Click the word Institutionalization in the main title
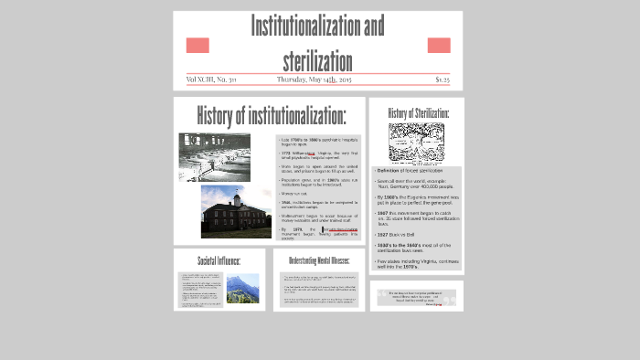pyautogui.click(x=317, y=26)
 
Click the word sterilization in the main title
pyautogui.click(x=317, y=60)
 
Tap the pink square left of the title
pyautogui.click(x=197, y=45)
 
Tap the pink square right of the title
pyautogui.click(x=439, y=45)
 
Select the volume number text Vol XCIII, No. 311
pyautogui.click(x=211, y=79)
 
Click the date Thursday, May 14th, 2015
pyautogui.click(x=314, y=79)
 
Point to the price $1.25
pyautogui.click(x=443, y=79)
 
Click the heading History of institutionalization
pyautogui.click(x=271, y=116)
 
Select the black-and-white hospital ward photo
pyautogui.click(x=214, y=156)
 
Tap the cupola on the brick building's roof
pyautogui.click(x=236, y=197)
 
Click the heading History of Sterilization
pyautogui.click(x=418, y=112)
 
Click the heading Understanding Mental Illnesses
pyautogui.click(x=318, y=260)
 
